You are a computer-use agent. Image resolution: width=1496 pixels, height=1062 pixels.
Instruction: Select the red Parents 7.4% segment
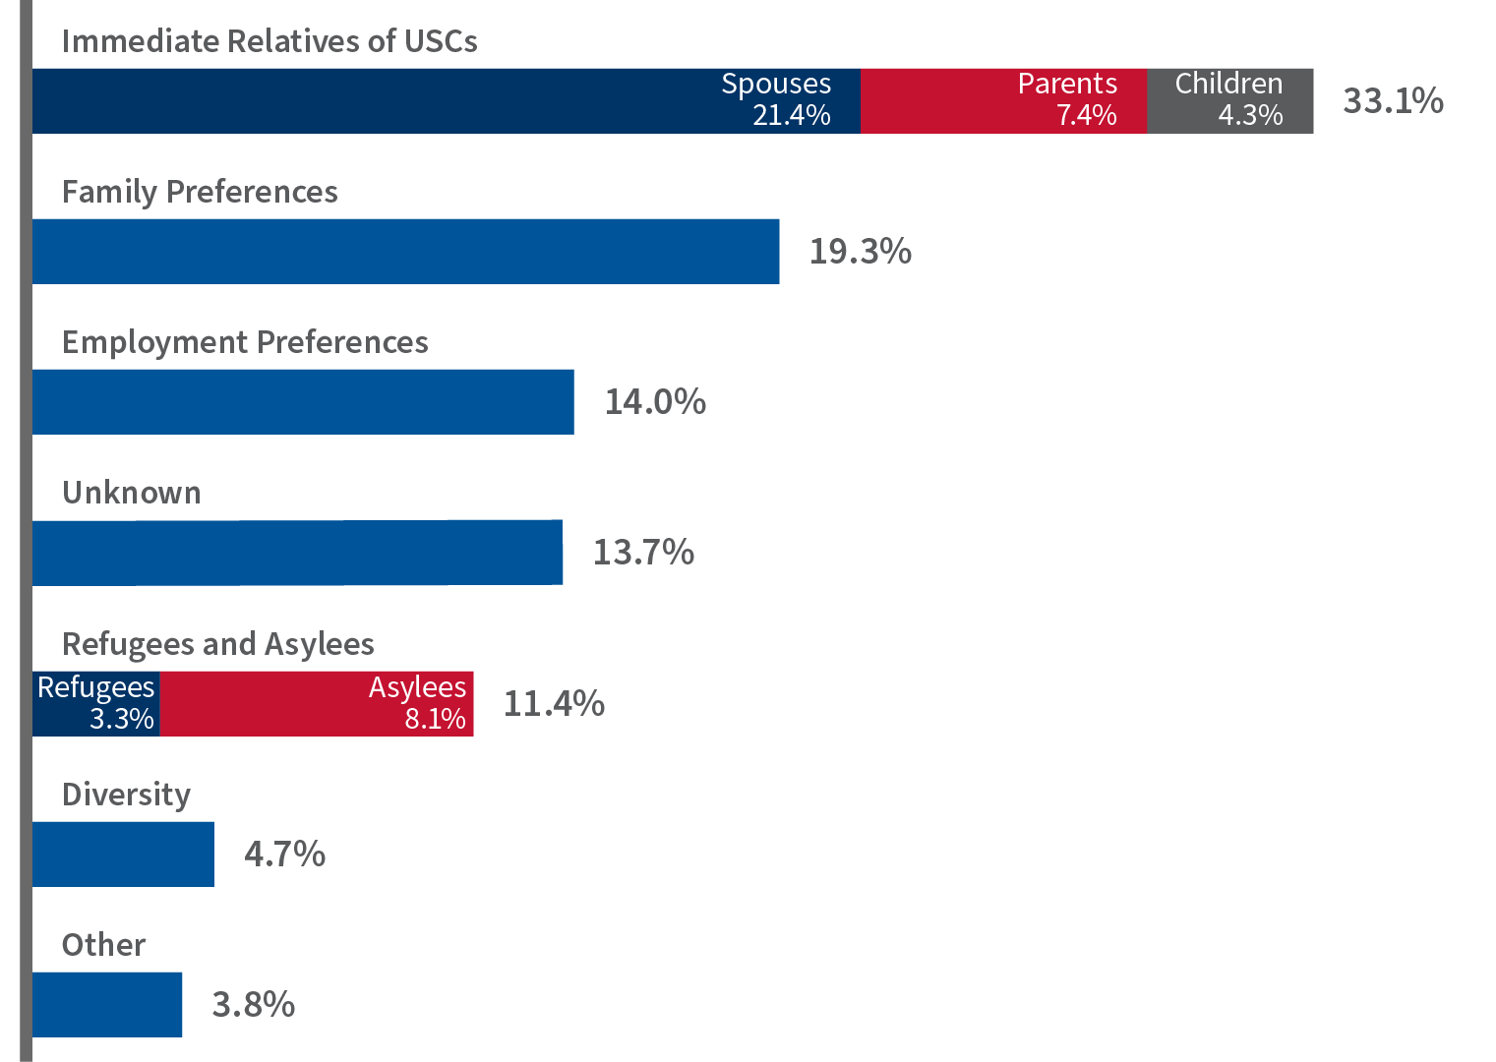click(1003, 100)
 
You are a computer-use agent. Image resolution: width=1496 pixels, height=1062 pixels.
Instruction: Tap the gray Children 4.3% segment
click(1229, 100)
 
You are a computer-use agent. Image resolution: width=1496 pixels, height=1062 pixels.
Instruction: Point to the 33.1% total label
click(1393, 100)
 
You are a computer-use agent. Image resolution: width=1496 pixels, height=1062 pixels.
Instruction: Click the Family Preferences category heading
click(200, 192)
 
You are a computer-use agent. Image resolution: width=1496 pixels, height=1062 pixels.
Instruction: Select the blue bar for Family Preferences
click(405, 251)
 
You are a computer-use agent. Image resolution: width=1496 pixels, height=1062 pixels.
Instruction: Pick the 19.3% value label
click(860, 252)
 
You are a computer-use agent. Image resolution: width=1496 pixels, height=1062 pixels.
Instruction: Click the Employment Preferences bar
click(303, 401)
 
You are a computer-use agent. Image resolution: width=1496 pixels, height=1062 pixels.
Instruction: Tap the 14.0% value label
click(655, 402)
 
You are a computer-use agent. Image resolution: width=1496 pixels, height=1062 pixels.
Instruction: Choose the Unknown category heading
click(131, 493)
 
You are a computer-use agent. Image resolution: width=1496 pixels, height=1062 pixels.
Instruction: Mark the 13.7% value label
click(643, 553)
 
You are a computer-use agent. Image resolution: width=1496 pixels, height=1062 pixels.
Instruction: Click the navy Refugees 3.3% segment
click(96, 703)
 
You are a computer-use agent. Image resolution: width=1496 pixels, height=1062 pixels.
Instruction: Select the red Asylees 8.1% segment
click(317, 703)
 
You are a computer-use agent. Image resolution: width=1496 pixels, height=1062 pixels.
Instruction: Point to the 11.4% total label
click(554, 704)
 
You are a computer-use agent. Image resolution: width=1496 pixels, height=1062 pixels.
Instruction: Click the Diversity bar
click(123, 854)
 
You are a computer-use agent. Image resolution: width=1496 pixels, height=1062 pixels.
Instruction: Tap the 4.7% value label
click(285, 854)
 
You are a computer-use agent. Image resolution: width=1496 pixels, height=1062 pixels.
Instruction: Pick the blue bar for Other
click(107, 1004)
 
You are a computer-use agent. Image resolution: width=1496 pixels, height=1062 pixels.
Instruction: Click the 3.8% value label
click(254, 1005)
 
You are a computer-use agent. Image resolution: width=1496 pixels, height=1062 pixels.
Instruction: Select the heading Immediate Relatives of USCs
click(269, 41)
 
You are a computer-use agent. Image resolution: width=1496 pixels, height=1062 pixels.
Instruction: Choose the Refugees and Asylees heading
click(217, 644)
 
